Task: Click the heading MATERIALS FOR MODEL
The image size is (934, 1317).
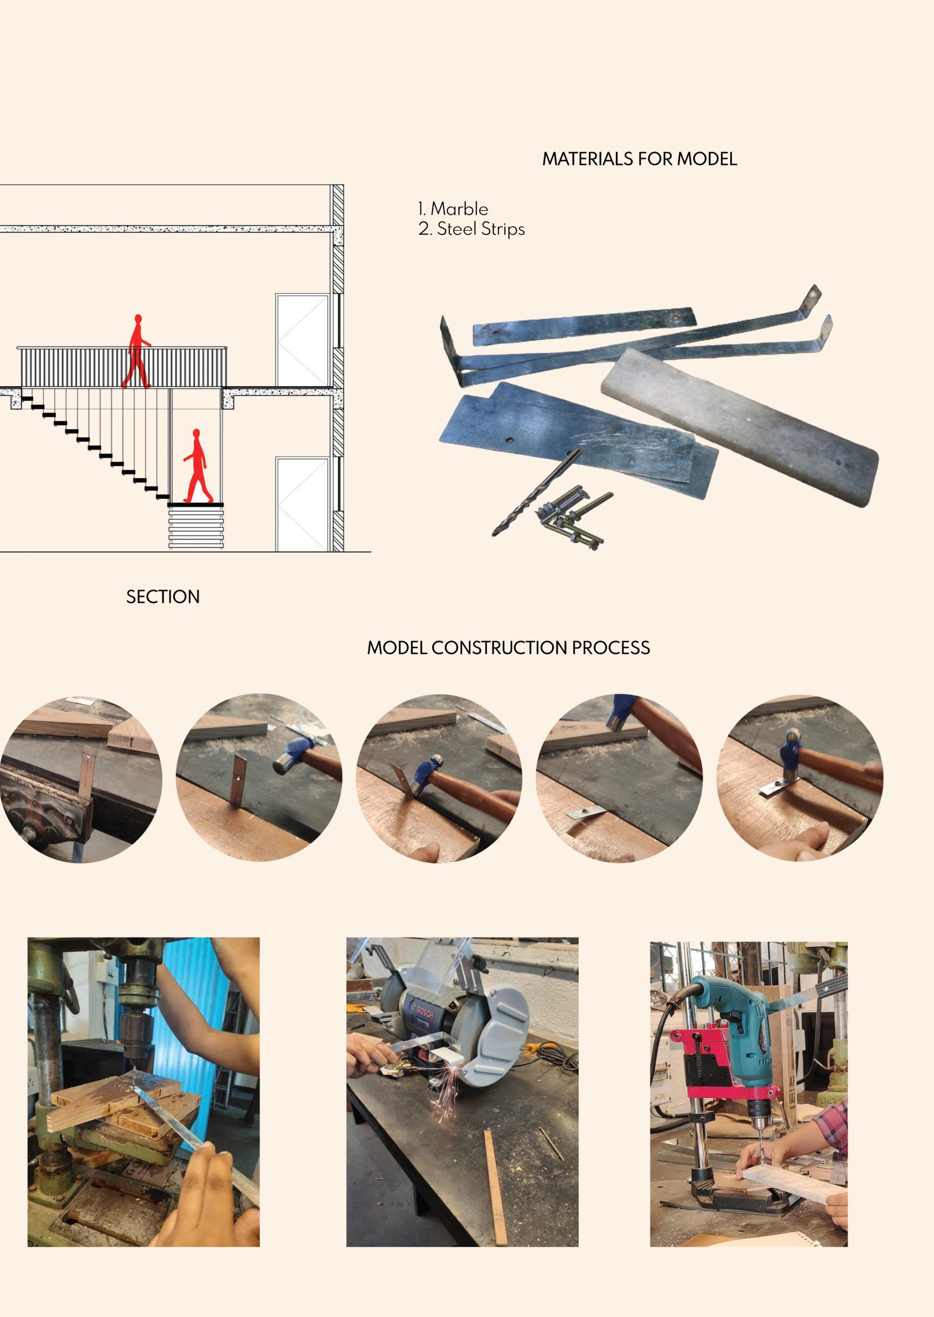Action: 639,159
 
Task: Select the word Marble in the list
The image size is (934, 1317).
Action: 459,209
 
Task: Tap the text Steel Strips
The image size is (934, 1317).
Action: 480,229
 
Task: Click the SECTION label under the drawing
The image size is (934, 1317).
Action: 163,597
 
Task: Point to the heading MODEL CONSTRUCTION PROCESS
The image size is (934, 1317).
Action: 508,648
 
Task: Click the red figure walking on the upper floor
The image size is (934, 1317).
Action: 136,352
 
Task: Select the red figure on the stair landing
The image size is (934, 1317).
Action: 196,467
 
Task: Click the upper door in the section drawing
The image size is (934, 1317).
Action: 301,340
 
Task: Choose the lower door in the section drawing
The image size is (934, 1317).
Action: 302,503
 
